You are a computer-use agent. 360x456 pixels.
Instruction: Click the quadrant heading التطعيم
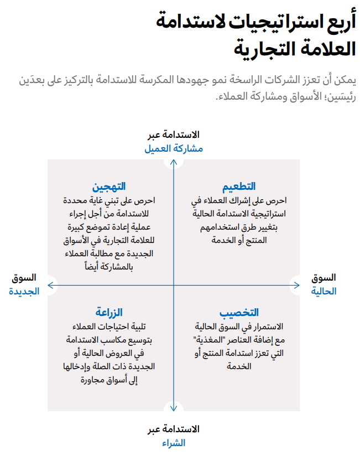[239, 186]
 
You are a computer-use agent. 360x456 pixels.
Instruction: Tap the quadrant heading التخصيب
[239, 313]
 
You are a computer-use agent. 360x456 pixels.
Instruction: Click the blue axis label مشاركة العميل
[174, 149]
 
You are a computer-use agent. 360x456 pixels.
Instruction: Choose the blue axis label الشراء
[174, 443]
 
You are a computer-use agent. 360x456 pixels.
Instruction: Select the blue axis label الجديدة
[24, 291]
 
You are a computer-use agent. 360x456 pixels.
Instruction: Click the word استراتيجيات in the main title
[259, 23]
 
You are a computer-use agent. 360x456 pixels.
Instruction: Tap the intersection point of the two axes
[174, 286]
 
